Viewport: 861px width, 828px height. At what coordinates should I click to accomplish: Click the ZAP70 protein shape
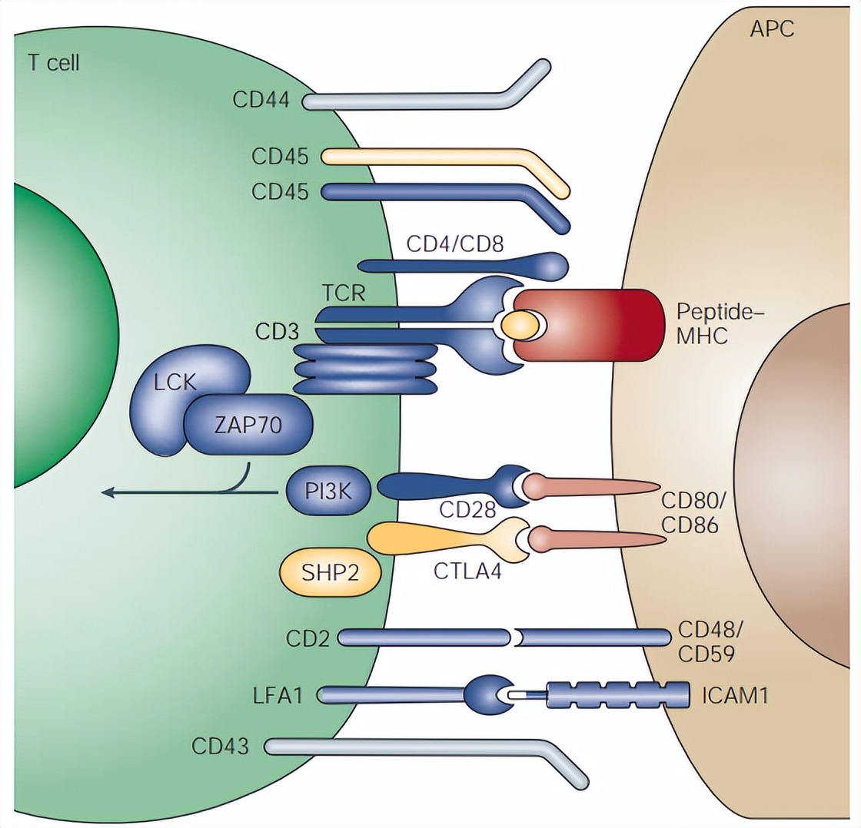point(247,425)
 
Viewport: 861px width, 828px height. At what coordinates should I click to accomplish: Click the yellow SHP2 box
point(330,571)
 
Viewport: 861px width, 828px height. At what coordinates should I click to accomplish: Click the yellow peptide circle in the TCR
point(519,326)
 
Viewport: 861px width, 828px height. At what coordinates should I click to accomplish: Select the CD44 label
point(261,100)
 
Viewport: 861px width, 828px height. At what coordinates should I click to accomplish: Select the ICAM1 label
point(735,696)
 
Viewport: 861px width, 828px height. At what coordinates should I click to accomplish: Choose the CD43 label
point(220,746)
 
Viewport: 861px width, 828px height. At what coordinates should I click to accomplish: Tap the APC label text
point(772,29)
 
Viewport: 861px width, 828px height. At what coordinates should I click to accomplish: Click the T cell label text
point(54,61)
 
